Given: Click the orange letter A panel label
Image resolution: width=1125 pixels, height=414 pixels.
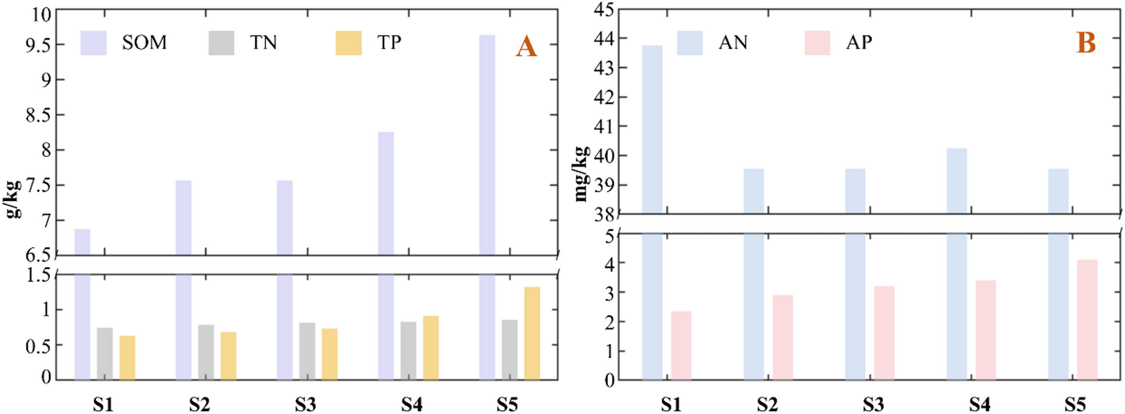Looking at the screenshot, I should (x=526, y=47).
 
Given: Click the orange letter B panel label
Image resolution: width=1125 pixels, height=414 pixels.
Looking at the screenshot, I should (x=1086, y=43).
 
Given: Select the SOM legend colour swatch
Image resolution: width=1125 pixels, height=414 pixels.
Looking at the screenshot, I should (x=93, y=43).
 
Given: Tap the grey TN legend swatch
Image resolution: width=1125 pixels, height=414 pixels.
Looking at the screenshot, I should (x=221, y=43).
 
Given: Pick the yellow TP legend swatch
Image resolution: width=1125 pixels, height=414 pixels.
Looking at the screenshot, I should (x=348, y=43).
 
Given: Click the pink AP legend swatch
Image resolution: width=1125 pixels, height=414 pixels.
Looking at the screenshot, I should (x=816, y=43).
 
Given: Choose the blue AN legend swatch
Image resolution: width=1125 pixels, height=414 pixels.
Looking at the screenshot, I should (x=689, y=43).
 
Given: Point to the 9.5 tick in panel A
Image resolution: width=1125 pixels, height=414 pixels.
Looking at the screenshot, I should (x=38, y=46).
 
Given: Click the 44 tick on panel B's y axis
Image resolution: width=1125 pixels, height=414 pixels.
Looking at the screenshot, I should (x=604, y=39).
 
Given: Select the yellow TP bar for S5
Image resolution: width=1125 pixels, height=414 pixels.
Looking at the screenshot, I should (x=532, y=333).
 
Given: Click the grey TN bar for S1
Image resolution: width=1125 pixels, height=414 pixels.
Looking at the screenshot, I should (x=105, y=353).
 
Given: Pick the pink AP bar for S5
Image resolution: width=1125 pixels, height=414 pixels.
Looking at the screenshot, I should (x=1087, y=319).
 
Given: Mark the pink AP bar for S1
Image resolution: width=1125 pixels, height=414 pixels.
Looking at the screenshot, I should (x=681, y=345).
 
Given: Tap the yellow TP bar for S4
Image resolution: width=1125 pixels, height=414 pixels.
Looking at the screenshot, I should (x=431, y=347).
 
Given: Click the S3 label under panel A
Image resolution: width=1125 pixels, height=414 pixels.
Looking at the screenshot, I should (x=305, y=405).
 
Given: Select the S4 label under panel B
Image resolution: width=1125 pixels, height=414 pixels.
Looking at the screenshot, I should (x=979, y=405).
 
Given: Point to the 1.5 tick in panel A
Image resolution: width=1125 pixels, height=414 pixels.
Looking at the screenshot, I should (x=38, y=275).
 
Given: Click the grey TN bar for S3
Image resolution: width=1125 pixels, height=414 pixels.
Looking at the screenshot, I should (x=307, y=351).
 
